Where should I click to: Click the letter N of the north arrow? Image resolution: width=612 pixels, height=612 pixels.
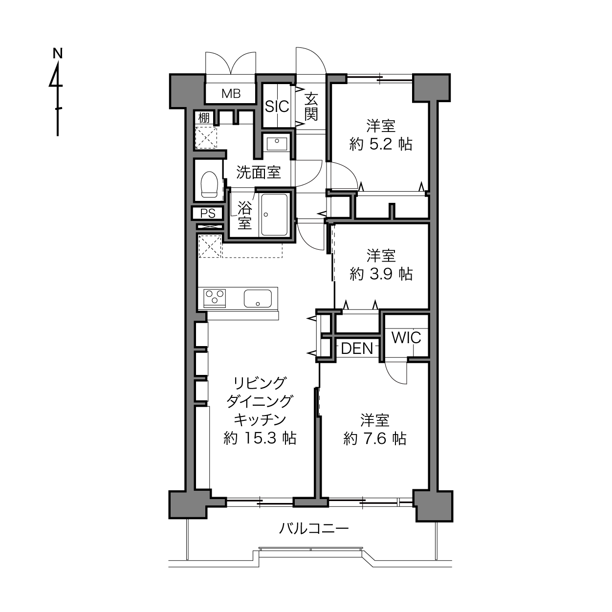point(58,53)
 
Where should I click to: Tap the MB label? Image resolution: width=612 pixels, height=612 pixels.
point(231,93)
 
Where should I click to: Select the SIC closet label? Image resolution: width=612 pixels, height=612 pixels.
point(277,107)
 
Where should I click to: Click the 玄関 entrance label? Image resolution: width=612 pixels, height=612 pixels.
point(311,107)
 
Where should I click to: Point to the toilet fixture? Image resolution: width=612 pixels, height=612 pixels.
point(209,184)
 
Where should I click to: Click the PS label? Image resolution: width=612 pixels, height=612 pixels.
point(208,213)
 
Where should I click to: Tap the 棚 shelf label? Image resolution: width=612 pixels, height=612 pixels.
point(204,118)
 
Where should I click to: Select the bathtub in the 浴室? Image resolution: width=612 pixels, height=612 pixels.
point(274,215)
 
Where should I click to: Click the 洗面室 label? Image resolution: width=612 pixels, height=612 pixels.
point(258,173)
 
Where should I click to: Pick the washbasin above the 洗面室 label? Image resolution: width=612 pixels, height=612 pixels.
point(277,144)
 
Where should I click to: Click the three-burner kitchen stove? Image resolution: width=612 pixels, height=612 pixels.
point(215,298)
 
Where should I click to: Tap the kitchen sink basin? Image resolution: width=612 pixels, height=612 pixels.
point(258,298)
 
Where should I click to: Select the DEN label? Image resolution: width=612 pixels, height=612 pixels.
point(357,349)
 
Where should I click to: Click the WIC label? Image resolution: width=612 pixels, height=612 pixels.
point(407,338)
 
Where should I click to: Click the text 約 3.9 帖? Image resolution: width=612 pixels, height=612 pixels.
point(381,274)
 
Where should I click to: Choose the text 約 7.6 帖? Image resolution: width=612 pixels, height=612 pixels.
point(375,438)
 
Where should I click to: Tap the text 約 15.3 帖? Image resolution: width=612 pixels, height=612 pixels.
point(260,438)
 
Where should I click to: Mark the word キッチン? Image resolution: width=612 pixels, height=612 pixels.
point(260,420)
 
